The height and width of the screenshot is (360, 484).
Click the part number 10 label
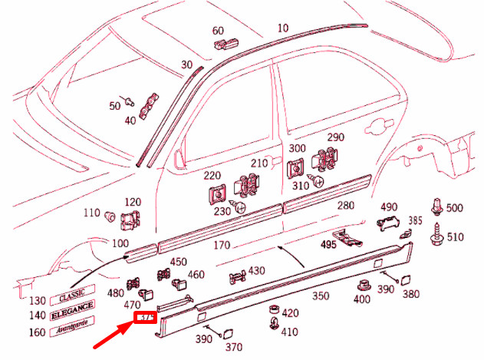coord(283,28)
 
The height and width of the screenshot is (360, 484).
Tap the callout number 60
coord(218,31)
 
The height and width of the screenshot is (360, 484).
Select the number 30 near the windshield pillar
coord(186,65)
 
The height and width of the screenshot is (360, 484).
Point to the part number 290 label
coord(336,138)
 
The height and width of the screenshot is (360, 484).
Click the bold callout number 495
coord(328,246)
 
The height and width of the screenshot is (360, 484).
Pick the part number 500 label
coord(455,209)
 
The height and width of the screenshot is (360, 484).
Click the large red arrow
coord(111,337)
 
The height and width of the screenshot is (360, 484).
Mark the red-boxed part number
coord(146,317)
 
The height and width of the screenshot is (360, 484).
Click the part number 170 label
coord(221,246)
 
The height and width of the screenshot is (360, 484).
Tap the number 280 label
coord(345,206)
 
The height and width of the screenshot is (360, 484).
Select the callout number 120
coord(133,202)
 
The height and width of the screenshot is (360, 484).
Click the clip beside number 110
coord(110,215)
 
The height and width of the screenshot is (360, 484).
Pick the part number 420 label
coord(290,313)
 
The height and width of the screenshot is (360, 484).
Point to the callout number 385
coord(415,220)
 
